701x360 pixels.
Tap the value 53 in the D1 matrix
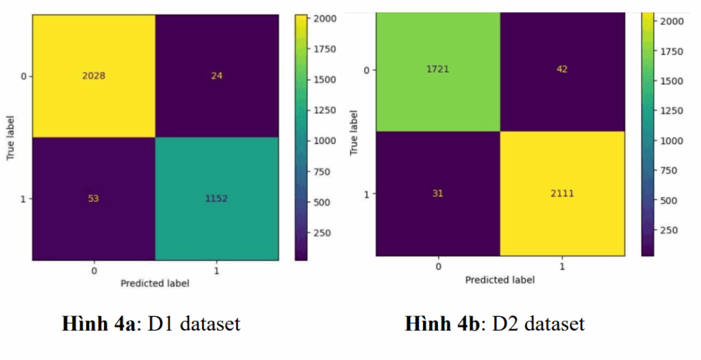[x=93, y=198]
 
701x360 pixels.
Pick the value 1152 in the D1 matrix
[x=217, y=198]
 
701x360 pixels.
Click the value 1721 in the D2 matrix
[x=438, y=69]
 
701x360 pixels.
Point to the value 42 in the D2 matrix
[x=563, y=69]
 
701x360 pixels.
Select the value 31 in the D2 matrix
[x=438, y=194]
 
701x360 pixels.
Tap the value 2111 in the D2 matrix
[x=563, y=194]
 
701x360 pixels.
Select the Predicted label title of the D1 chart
[x=155, y=283]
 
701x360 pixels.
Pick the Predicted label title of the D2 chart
[x=500, y=279]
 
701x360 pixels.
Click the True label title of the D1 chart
[x=12, y=137]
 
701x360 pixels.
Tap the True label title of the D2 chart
[x=354, y=131]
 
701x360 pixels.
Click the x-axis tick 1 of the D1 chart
[x=217, y=270]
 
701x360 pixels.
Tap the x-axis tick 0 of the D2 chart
[x=438, y=266]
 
